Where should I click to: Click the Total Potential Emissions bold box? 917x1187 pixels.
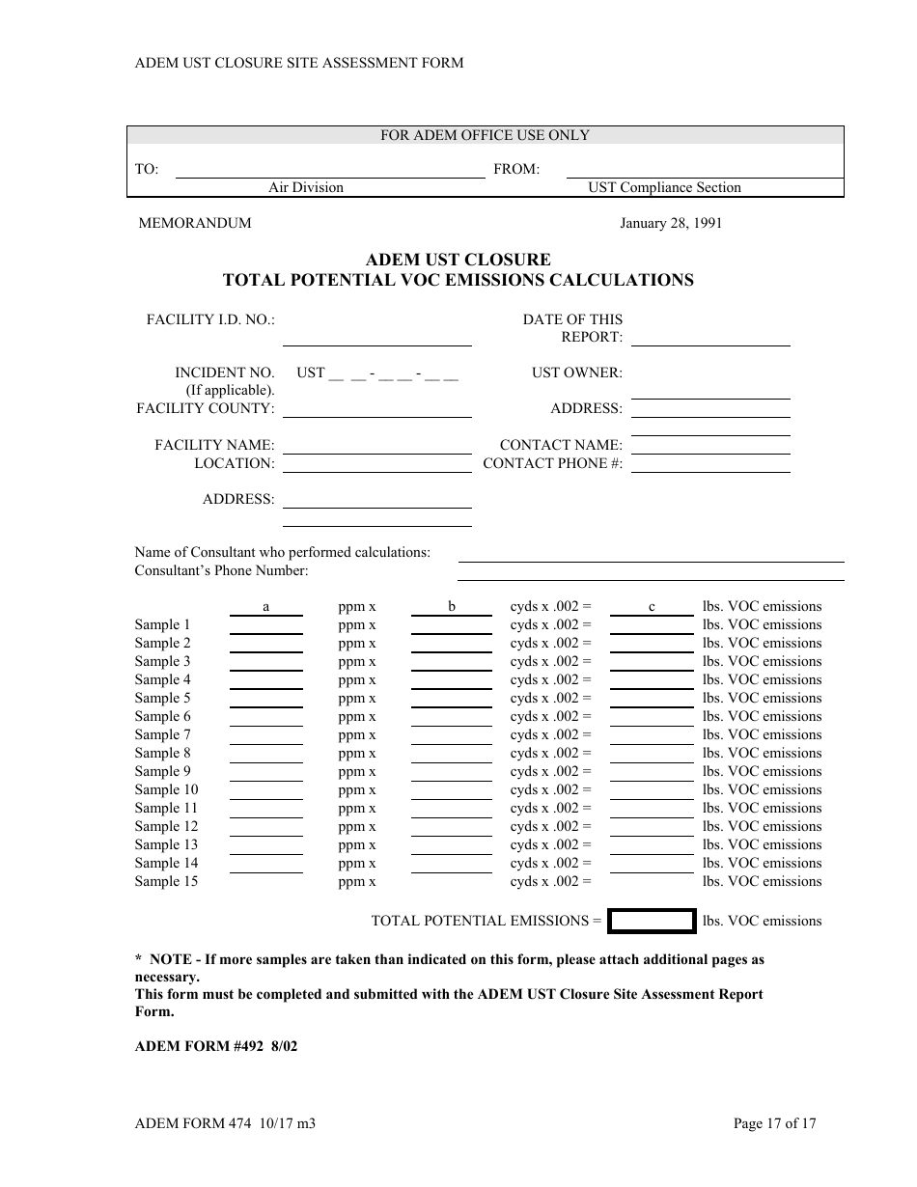653,921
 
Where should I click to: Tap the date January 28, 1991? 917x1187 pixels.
670,223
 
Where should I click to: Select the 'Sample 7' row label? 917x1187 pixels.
162,734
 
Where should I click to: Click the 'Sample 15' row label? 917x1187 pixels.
166,881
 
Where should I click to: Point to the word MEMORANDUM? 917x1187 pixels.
195,223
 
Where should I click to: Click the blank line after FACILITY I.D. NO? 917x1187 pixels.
376,339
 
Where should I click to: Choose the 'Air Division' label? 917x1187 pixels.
306,187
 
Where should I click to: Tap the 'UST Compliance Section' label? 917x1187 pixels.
664,187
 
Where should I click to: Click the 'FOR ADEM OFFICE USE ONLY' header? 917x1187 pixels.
485,135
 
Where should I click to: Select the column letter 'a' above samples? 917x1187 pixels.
265,606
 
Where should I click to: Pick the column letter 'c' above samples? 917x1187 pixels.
652,606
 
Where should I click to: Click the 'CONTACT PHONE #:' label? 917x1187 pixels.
552,463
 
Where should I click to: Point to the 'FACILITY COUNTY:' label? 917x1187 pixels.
206,408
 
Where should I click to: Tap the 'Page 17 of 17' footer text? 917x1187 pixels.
774,1123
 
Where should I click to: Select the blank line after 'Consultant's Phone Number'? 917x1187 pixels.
650,575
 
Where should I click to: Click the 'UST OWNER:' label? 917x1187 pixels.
576,373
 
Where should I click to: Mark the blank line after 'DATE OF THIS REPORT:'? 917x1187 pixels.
709,340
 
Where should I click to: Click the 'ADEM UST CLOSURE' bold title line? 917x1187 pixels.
458,260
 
